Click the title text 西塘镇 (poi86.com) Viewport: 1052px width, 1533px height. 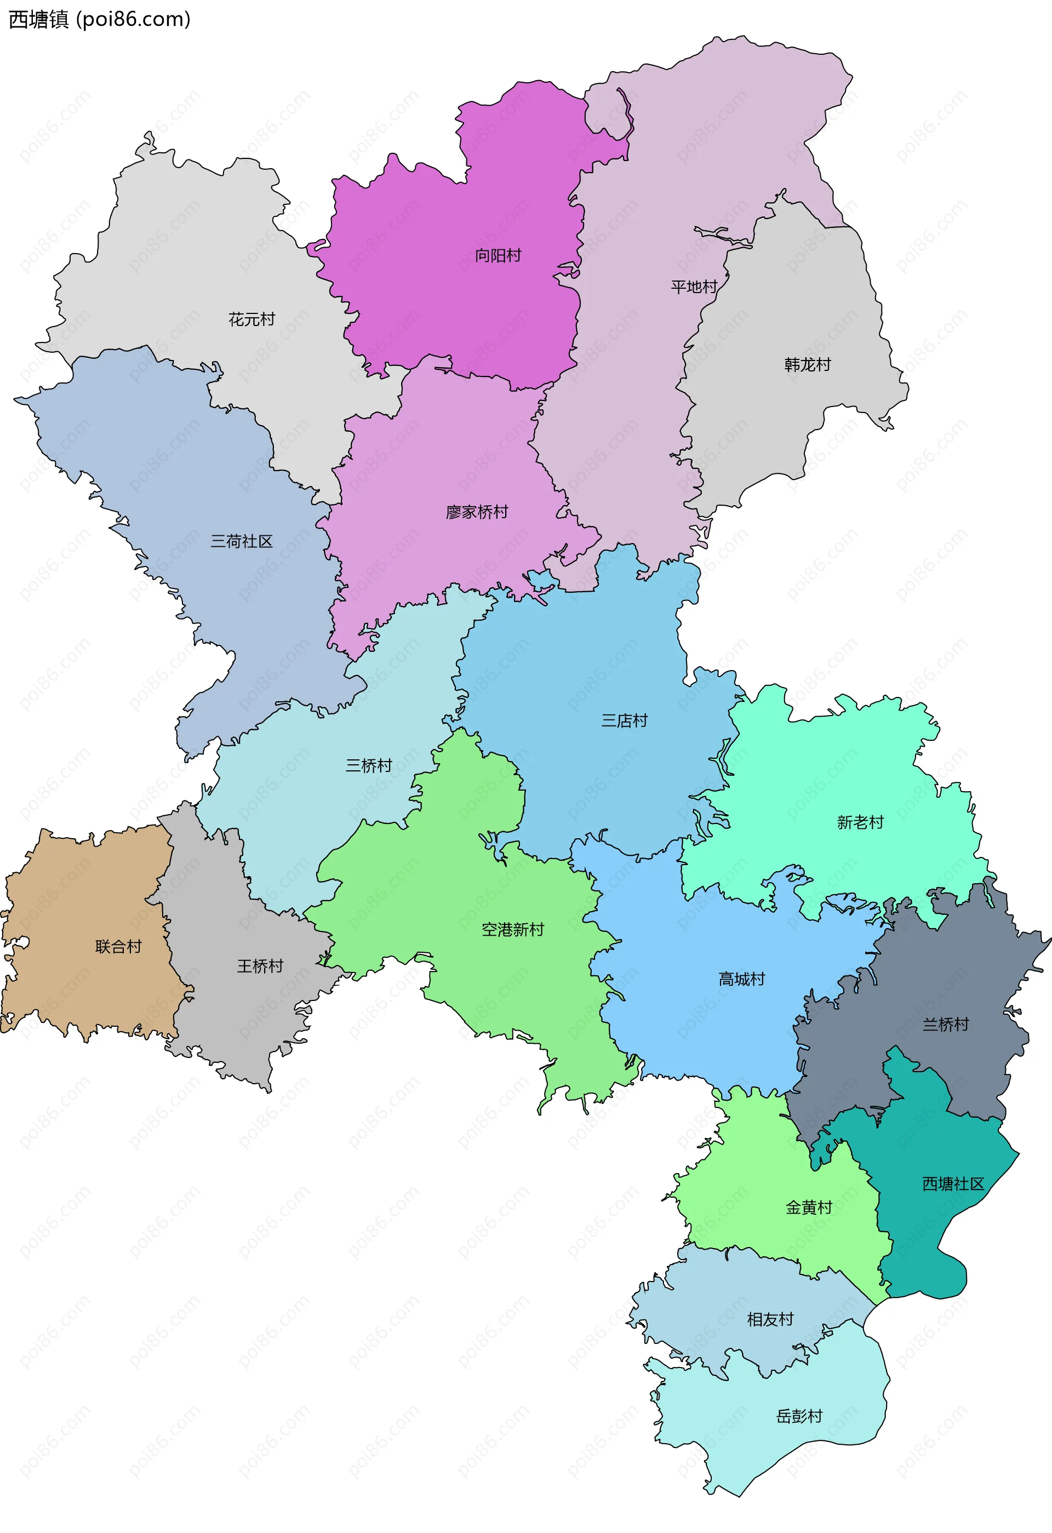click(x=99, y=19)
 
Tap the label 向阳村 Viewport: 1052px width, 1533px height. click(x=498, y=255)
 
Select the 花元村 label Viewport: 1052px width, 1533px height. click(x=251, y=319)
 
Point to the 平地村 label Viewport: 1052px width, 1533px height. click(x=693, y=287)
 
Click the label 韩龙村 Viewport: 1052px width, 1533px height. click(x=807, y=365)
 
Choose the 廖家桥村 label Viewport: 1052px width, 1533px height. click(x=477, y=512)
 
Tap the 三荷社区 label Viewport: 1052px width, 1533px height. click(x=242, y=541)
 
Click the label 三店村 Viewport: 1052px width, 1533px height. click(x=624, y=720)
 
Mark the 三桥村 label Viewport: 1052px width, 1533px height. click(x=369, y=766)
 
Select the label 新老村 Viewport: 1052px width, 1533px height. click(x=860, y=822)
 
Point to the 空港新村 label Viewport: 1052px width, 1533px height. click(x=512, y=929)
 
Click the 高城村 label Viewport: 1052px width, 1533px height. click(x=741, y=979)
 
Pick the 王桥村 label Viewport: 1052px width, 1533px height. click(x=260, y=966)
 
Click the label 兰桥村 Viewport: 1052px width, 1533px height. click(x=945, y=1025)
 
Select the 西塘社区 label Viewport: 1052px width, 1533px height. click(x=952, y=1184)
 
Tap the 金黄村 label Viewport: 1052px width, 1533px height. click(x=809, y=1207)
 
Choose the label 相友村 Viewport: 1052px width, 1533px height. click(x=770, y=1319)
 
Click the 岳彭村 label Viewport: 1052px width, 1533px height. click(x=799, y=1416)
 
